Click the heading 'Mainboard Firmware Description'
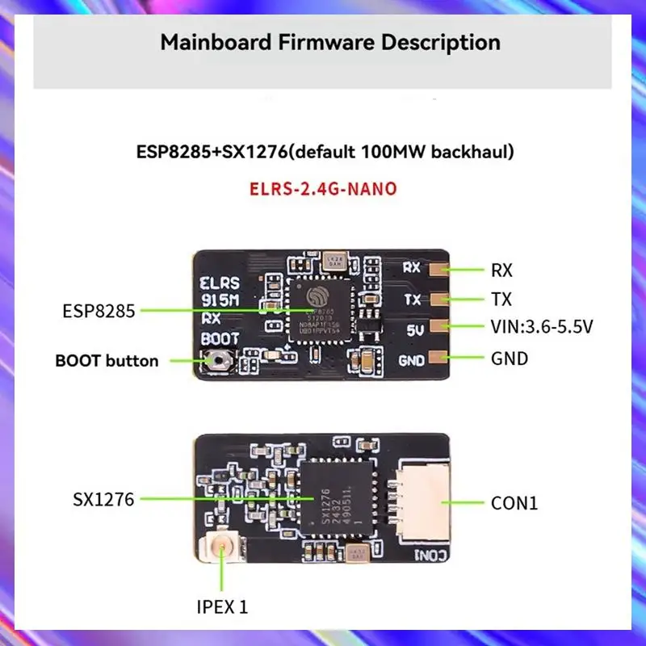point(329,42)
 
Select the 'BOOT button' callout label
point(107,360)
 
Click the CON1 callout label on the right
point(514,504)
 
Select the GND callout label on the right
point(509,358)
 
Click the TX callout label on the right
point(501,300)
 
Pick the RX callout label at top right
point(501,270)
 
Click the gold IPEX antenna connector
point(223,552)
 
